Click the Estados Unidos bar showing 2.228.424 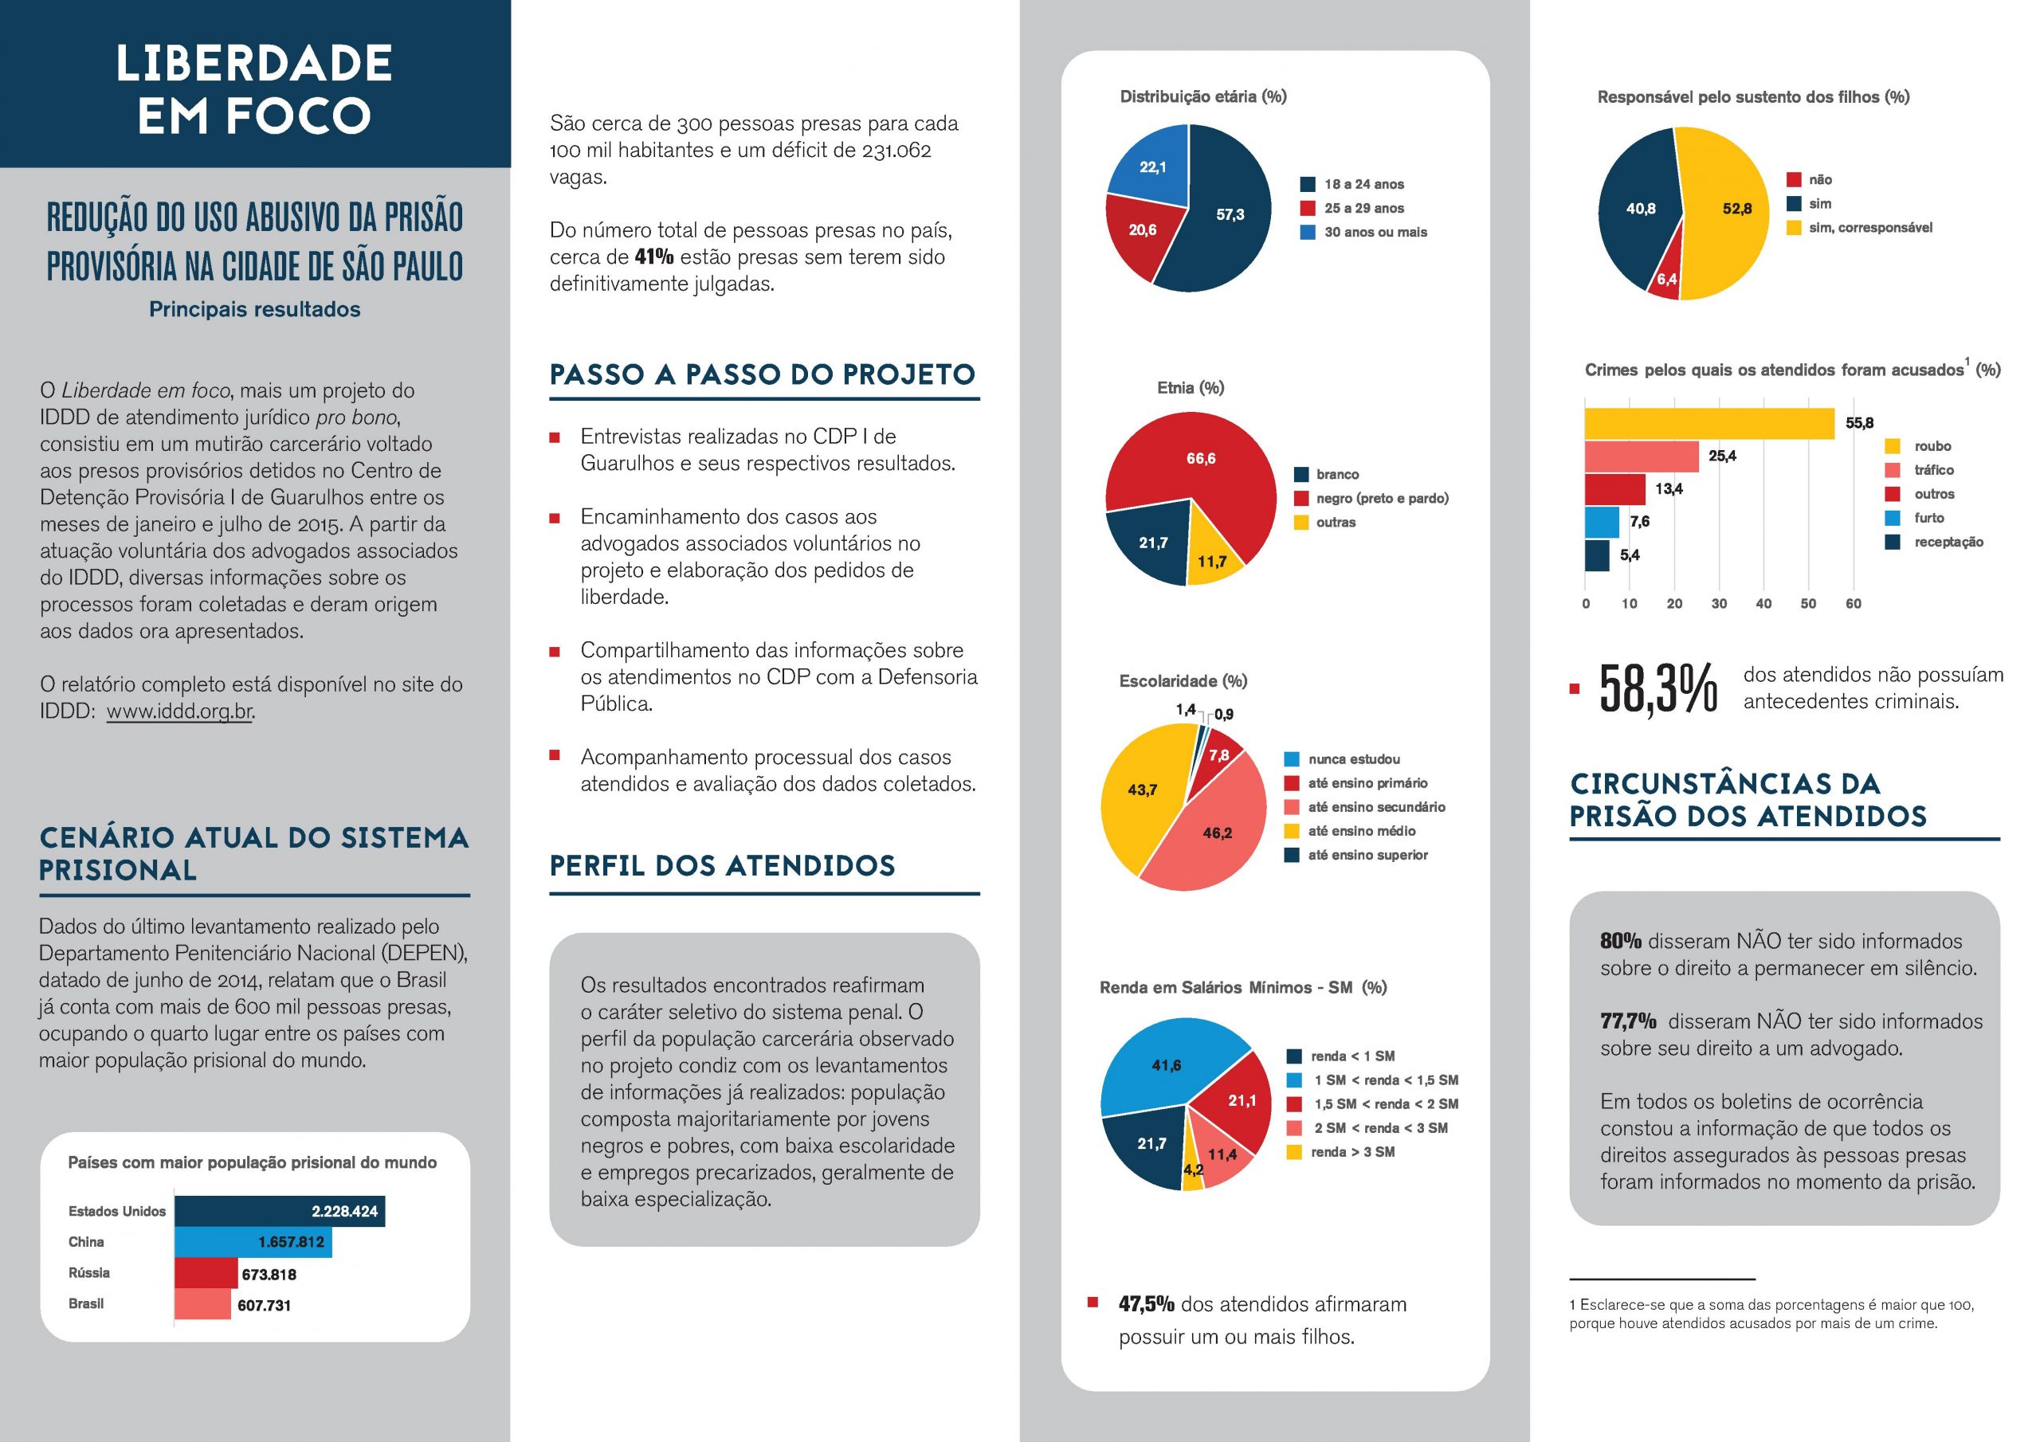279,1211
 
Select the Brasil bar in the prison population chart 202,1304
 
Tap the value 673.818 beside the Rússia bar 269,1274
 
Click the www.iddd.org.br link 179,711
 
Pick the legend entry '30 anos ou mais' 1375,233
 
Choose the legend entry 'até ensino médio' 1361,832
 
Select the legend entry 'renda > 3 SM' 1352,1152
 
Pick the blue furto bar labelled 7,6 1601,523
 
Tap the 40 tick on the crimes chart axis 1763,604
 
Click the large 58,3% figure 1658,688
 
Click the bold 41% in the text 654,257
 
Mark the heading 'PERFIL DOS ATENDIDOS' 721,865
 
